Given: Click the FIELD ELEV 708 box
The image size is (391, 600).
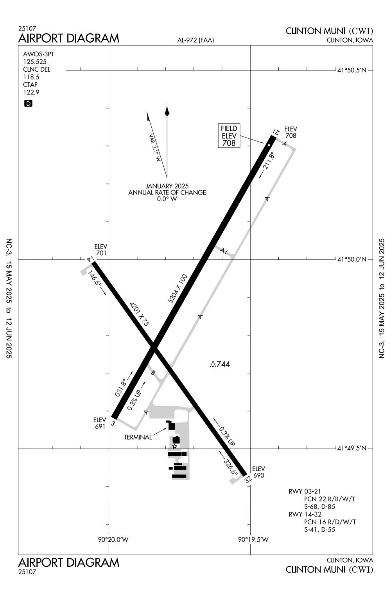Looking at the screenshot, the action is point(229,135).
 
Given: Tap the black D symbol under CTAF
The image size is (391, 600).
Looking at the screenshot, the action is point(28,103).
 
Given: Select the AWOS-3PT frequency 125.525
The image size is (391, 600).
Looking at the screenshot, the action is point(35,61).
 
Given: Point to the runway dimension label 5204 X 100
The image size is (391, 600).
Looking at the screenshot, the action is point(178,289).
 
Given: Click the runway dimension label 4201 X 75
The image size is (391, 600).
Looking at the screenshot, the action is point(139,314).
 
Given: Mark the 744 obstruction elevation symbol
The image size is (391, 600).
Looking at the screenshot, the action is point(220,364).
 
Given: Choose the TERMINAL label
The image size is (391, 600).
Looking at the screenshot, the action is point(138,437).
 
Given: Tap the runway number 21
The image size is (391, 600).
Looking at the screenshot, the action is point(276,132).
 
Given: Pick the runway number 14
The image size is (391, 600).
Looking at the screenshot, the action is point(91,258).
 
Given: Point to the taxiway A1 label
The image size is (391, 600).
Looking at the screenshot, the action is point(224,251).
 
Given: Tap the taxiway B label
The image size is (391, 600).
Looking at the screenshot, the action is point(153,373).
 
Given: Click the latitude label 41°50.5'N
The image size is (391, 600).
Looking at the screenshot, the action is point(352,70).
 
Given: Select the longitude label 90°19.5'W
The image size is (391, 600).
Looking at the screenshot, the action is point(253,539).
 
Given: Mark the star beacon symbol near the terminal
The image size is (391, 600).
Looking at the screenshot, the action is point(174,446).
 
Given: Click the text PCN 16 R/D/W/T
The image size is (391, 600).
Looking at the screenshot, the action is point(330,522).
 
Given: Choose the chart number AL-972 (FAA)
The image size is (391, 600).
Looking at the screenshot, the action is point(195,40).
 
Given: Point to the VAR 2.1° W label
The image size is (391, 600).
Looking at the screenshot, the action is point(155,148).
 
